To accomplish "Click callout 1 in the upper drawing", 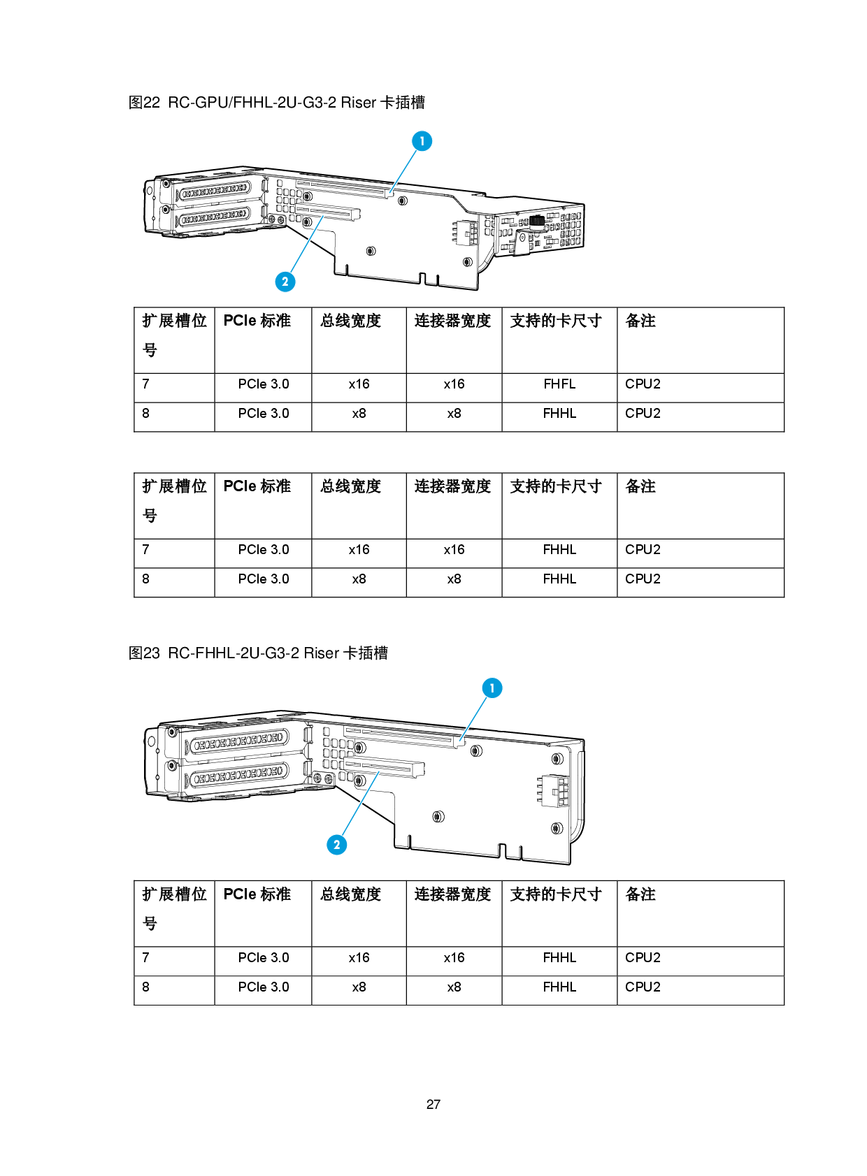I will [422, 140].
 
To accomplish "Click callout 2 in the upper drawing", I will [285, 282].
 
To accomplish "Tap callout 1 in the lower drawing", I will [492, 688].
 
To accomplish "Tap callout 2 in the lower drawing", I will [337, 845].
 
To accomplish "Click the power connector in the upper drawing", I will [464, 233].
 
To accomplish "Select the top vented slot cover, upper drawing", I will [214, 191].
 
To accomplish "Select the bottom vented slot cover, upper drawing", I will [214, 219].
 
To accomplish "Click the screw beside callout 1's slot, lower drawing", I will [475, 751].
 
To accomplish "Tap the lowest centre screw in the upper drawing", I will [371, 251].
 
